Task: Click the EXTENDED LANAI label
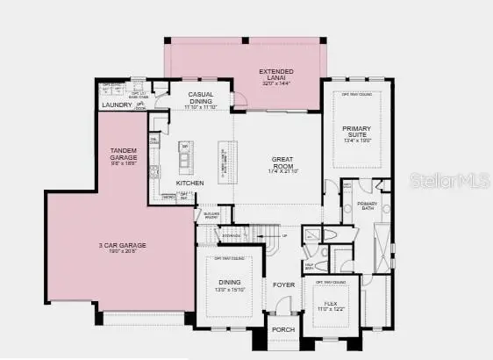pos(275,74)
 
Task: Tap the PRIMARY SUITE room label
pos(357,131)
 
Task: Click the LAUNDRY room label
pos(117,105)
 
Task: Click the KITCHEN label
pos(190,183)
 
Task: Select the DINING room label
pos(227,283)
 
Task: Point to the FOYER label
pos(282,285)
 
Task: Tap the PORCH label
pos(282,330)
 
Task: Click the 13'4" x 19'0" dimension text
pos(357,140)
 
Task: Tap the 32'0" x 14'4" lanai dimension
pos(275,82)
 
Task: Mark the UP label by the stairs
pos(283,235)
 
